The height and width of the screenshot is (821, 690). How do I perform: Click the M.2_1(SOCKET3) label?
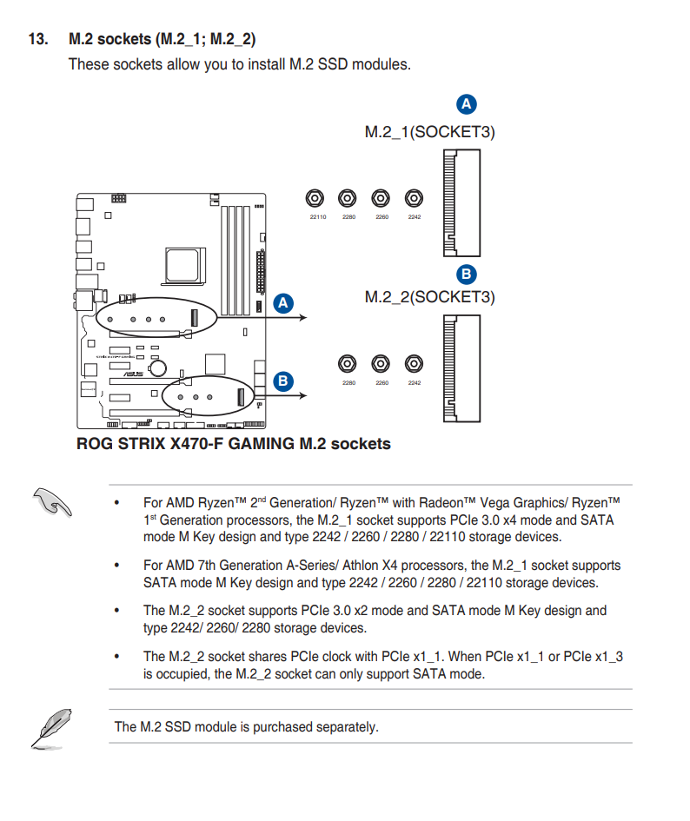pos(429,132)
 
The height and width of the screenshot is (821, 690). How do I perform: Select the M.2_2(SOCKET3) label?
pos(429,297)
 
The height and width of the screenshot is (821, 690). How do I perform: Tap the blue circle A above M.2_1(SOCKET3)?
pos(466,104)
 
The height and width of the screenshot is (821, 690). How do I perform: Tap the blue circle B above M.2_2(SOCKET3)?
pos(466,275)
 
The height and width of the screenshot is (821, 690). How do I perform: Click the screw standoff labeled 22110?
pos(316,197)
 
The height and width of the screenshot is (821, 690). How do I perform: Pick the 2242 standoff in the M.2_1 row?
pos(415,197)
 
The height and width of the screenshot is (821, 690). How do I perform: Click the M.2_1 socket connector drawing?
pos(461,202)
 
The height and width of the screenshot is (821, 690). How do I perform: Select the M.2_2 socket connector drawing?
pos(461,367)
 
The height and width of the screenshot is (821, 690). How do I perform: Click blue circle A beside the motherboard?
pos(282,303)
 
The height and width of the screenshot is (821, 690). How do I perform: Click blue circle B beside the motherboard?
pos(282,381)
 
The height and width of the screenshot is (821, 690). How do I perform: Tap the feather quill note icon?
pos(50,727)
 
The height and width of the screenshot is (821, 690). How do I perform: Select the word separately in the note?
pos(347,726)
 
